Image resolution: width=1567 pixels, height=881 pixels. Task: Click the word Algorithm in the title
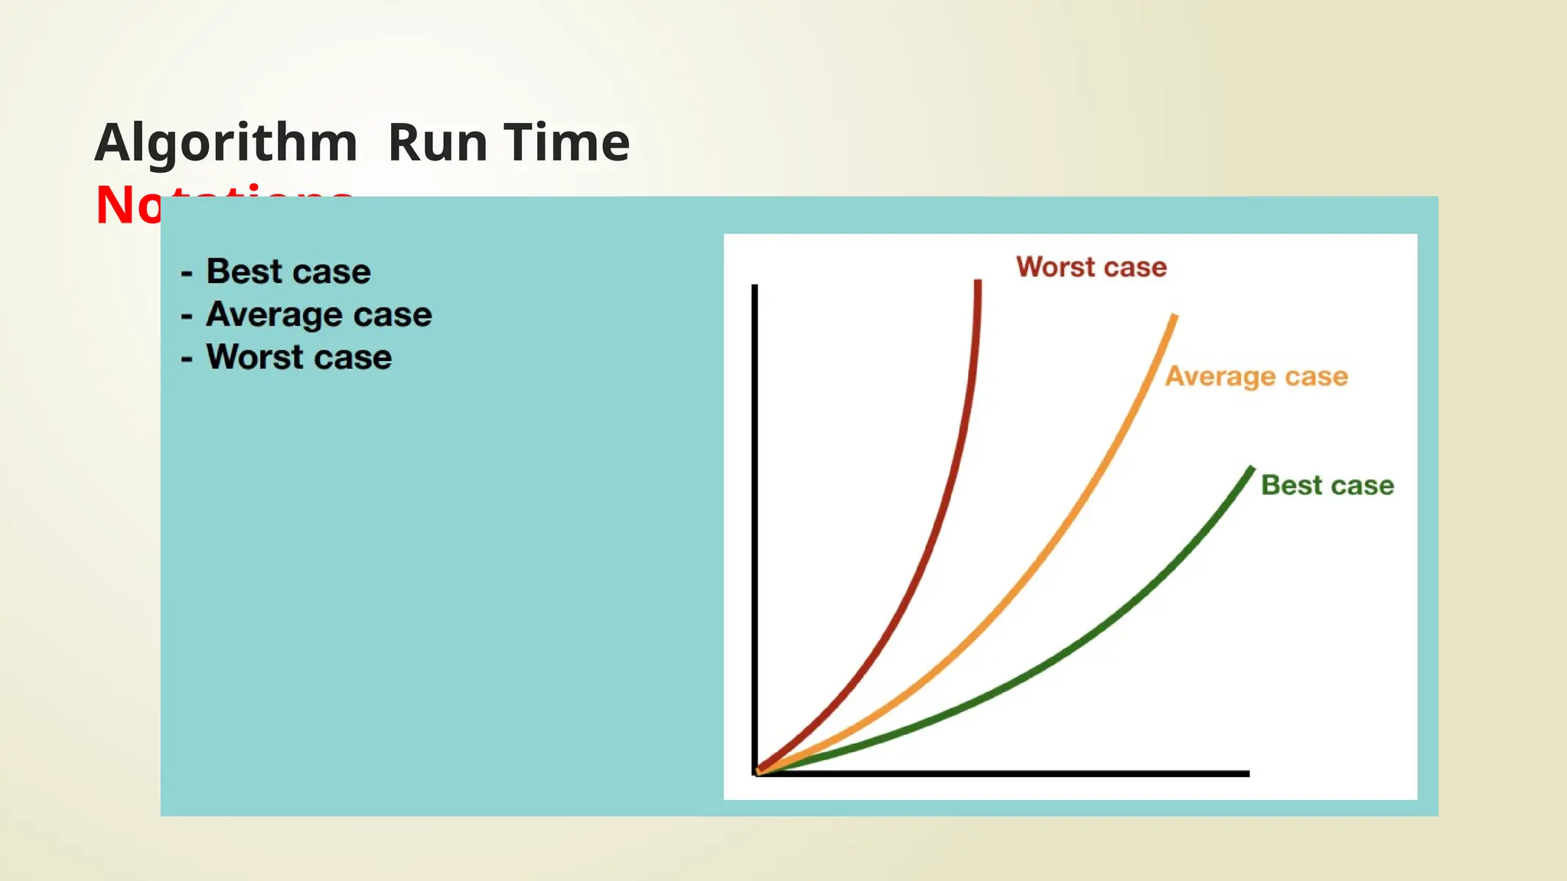coord(226,143)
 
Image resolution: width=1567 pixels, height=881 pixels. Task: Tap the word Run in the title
coord(438,143)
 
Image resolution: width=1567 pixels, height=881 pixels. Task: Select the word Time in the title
coord(567,143)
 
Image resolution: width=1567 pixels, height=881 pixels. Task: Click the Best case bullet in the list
coord(288,271)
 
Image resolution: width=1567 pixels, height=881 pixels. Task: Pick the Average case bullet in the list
coord(319,314)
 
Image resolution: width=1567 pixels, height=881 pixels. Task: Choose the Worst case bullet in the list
coord(299,357)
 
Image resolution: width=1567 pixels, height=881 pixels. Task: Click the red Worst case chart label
coord(1091,267)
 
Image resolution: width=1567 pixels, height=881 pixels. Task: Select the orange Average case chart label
coord(1256,376)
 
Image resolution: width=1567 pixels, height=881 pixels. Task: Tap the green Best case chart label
coord(1327,485)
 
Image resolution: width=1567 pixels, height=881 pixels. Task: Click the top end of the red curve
coord(978,283)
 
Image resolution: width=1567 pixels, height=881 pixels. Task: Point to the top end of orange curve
coord(1174,317)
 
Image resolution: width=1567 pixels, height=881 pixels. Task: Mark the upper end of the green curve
coord(1252,469)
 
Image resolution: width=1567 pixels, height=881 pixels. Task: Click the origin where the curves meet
coord(757,772)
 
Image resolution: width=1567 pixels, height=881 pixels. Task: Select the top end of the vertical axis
coord(754,287)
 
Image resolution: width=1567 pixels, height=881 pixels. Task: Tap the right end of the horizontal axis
coord(1247,774)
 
